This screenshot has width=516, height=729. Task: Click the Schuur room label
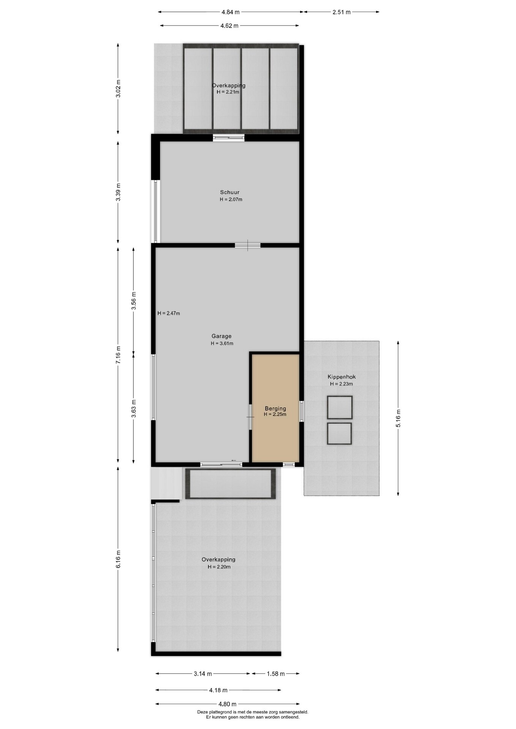pos(230,192)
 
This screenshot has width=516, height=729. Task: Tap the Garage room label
pos(222,336)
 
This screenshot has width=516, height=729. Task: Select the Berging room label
pos(275,409)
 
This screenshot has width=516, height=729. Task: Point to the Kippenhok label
pos(342,377)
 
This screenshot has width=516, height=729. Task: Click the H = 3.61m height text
pos(222,344)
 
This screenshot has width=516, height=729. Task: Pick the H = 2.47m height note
pos(169,313)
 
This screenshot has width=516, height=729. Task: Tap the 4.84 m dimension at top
pos(231,12)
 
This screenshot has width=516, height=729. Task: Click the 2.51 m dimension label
pos(341,12)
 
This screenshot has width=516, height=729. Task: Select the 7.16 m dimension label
pos(118,355)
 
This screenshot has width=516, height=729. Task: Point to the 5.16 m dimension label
pos(398,418)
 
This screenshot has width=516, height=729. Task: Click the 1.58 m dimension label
pos(275,674)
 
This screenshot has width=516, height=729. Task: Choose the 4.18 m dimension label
pos(218,690)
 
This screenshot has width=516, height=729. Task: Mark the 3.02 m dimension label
pos(118,88)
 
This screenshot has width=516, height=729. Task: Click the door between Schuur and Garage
pos(248,245)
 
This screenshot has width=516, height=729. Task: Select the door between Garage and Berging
pos(250,417)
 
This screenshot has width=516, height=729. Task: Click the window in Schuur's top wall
pos(229,137)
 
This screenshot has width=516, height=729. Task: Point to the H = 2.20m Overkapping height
pos(219,567)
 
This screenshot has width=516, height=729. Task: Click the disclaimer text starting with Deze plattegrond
pos(253,715)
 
